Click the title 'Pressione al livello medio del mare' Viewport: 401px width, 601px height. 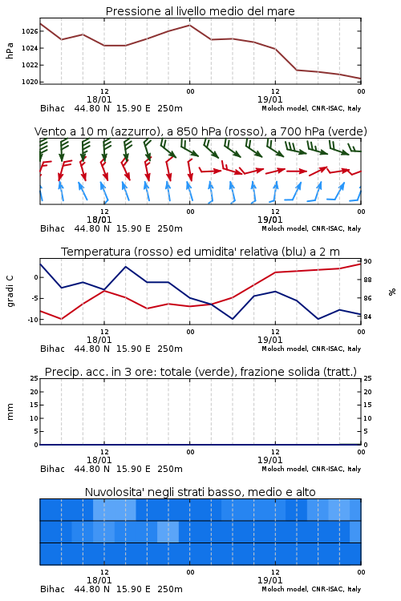click(200, 11)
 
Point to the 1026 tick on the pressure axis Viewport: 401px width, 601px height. click(30, 31)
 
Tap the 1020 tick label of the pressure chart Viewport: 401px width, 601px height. click(30, 82)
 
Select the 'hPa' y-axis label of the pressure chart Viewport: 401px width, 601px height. click(10, 50)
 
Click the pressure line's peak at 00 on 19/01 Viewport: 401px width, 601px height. click(189, 26)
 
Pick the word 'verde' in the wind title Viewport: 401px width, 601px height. click(348, 131)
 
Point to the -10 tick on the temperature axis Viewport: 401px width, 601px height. click(34, 320)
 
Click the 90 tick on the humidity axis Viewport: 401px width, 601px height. click(367, 261)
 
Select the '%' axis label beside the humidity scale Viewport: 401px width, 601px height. click(392, 292)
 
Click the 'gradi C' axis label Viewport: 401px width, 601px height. click(10, 291)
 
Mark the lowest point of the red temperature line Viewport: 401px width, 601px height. click(62, 319)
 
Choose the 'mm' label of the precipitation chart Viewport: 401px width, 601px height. click(10, 412)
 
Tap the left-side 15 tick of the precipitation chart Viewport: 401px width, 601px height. click(34, 405)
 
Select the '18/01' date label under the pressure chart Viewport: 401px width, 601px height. click(99, 99)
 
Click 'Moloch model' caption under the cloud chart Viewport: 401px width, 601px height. click(284, 589)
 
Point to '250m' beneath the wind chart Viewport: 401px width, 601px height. click(170, 228)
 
